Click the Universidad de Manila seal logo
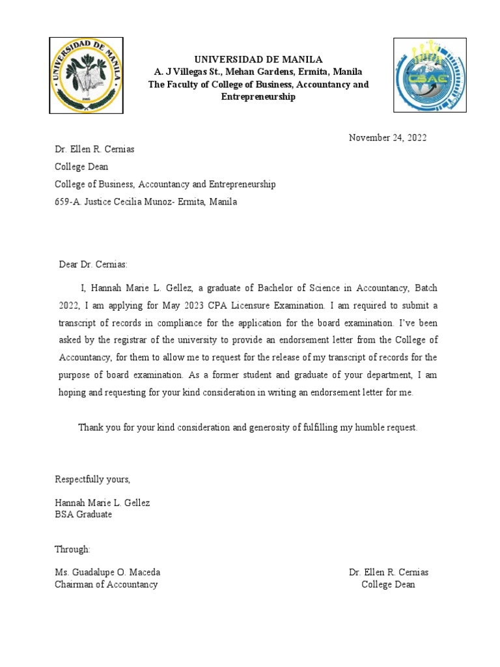coord(86,75)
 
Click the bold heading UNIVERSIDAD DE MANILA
coord(250,59)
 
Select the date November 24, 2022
coord(387,137)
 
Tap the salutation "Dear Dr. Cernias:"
coord(94,264)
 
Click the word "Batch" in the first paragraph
coord(422,287)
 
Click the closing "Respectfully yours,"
coord(92,479)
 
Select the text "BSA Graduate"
coord(83,515)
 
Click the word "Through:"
coord(73,549)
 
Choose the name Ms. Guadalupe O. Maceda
coord(107,573)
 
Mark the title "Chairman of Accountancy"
coord(106,584)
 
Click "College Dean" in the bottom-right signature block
coord(388,584)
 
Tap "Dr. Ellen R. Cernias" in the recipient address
coord(94,149)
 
